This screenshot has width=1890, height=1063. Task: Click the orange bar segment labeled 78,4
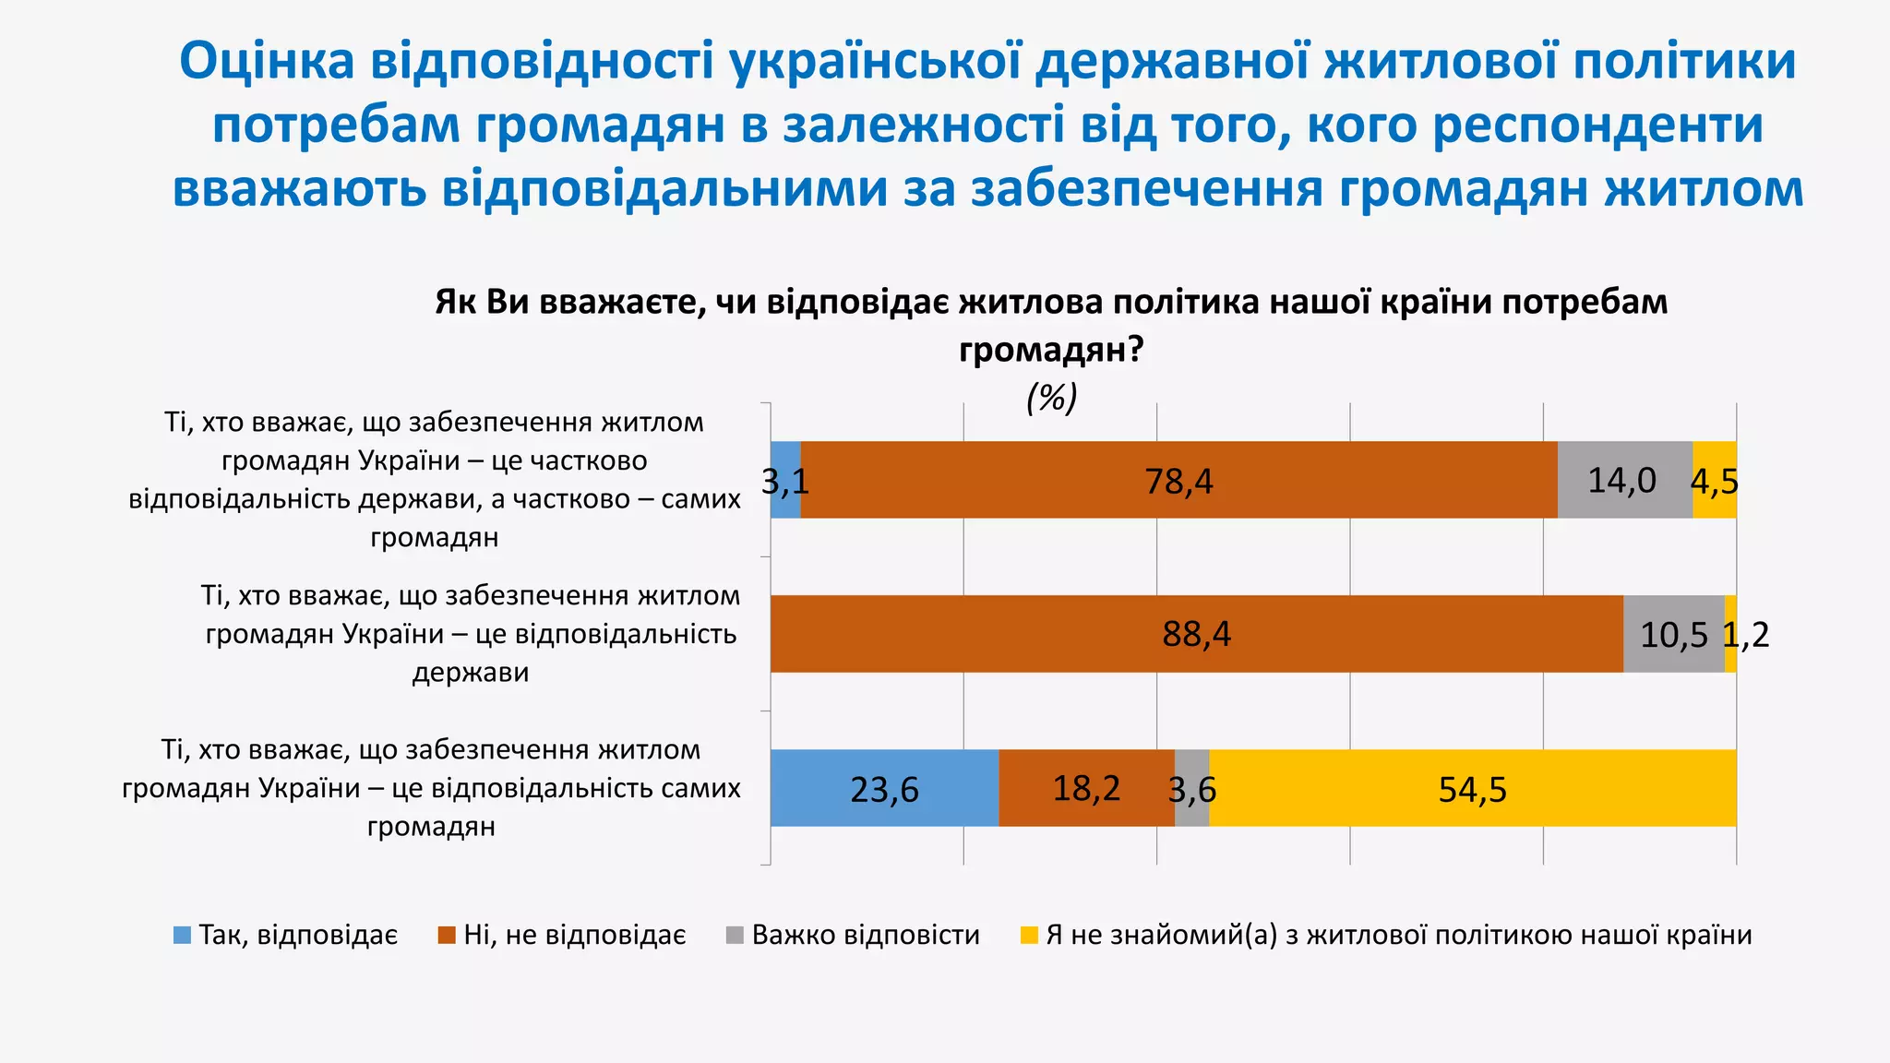click(1178, 481)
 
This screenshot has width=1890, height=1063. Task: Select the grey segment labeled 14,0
click(1624, 481)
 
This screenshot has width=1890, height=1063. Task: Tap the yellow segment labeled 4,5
click(1715, 481)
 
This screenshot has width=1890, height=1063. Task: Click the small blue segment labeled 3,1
click(785, 481)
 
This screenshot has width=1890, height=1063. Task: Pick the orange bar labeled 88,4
click(1196, 635)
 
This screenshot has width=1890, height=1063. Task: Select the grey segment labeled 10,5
click(1673, 635)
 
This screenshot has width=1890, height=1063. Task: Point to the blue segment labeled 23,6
click(884, 789)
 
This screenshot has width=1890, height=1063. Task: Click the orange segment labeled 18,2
click(1086, 789)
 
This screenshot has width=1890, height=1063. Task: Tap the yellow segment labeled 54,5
click(1472, 789)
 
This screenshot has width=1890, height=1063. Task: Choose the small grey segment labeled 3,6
click(1192, 789)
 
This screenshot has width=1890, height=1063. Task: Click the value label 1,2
click(1746, 635)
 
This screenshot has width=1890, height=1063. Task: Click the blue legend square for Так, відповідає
click(183, 936)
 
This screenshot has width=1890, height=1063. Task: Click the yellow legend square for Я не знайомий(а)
click(1029, 936)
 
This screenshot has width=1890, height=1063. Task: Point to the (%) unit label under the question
click(1051, 399)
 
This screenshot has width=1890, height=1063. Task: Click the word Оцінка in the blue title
click(267, 62)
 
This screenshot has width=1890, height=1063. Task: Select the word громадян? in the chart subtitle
click(1051, 350)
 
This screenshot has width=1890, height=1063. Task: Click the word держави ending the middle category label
click(470, 673)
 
